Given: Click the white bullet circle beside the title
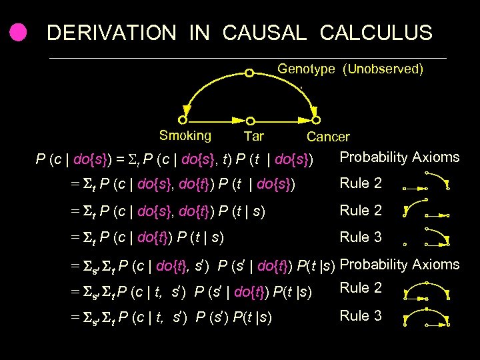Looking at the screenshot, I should (x=18, y=32).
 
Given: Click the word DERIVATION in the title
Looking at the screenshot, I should (x=111, y=32).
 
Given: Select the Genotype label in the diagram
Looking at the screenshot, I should (x=306, y=69).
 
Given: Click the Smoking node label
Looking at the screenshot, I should (x=185, y=136).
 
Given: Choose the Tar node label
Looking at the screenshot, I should (x=253, y=137).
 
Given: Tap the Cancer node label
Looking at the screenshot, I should (x=328, y=137).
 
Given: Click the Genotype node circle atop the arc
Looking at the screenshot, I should (x=249, y=73).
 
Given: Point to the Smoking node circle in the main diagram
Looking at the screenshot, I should (x=183, y=121).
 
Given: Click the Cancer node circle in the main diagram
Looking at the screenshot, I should (x=316, y=121).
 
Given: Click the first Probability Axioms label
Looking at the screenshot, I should (x=399, y=157).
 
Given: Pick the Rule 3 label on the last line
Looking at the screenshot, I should (x=361, y=315).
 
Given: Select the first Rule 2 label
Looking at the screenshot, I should (x=361, y=183).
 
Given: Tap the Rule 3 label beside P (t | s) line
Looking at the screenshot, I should (x=361, y=237).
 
